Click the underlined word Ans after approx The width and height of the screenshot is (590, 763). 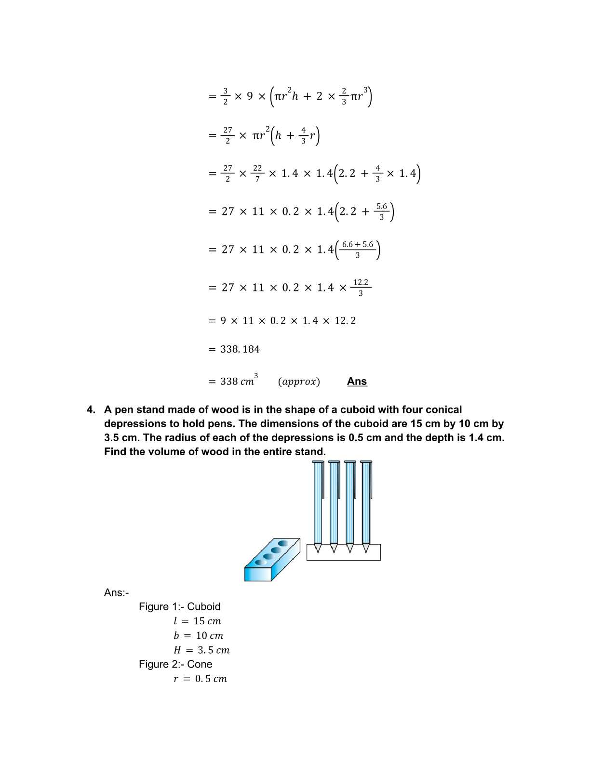[357, 381]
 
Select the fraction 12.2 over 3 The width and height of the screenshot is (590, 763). [361, 288]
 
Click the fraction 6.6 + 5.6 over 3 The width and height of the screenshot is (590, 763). [357, 250]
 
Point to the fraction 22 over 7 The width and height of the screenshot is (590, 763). [257, 173]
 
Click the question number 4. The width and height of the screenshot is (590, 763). [91, 410]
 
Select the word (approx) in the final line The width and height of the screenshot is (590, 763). [298, 382]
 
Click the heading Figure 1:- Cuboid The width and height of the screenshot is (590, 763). [179, 607]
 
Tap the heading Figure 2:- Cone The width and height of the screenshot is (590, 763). [175, 664]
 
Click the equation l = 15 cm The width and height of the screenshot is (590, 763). [197, 621]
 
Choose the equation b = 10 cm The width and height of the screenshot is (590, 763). [198, 636]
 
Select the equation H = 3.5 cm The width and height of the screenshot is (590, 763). [201, 650]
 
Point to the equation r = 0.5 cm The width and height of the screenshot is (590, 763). [200, 679]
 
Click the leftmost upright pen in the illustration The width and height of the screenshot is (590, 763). [318, 503]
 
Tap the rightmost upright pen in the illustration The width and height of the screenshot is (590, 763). [366, 503]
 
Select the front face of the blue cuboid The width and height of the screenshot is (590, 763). [258, 574]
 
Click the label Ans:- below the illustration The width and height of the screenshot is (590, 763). [116, 593]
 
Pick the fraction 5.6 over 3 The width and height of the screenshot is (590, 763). [381, 211]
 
